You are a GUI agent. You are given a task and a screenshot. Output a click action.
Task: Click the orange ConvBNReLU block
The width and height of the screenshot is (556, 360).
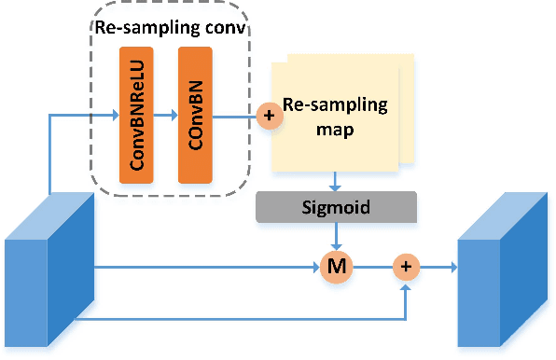(x=135, y=113)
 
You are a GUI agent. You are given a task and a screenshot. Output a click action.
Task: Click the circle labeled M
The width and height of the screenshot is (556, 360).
(x=333, y=269)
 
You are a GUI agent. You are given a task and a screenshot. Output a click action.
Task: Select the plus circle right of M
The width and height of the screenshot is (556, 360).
(x=406, y=269)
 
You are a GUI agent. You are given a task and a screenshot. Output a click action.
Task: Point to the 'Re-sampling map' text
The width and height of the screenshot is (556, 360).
(x=334, y=118)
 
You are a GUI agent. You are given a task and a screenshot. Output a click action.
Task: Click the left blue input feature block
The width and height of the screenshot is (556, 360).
(x=49, y=270)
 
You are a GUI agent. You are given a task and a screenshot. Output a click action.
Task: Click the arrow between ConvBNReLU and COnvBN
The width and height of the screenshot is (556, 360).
(x=166, y=117)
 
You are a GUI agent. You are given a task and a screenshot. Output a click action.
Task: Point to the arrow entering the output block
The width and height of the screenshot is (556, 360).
(x=438, y=269)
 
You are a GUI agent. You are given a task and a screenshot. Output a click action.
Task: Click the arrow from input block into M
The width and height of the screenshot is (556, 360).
(x=205, y=269)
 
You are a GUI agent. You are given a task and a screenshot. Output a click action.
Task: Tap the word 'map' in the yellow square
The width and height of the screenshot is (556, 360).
(x=334, y=130)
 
